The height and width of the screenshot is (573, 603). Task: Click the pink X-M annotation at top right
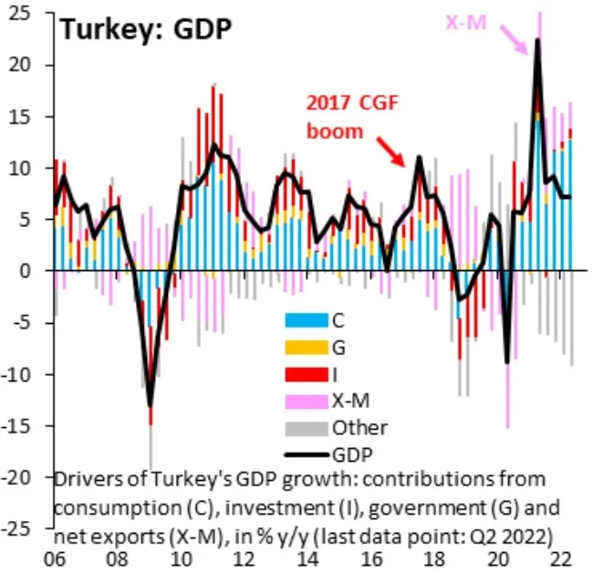click(x=465, y=23)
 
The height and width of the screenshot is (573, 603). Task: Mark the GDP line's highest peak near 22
click(x=537, y=39)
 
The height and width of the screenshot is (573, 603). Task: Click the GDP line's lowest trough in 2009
click(x=150, y=404)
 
